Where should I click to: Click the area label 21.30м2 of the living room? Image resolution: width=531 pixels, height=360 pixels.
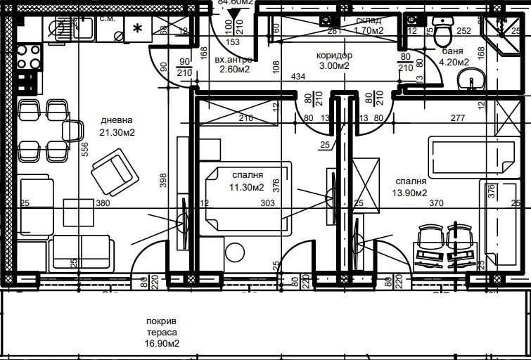(117, 132)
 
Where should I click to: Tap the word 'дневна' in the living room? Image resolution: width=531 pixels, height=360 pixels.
(117, 120)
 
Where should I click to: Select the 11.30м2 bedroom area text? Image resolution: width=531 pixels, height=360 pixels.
(248, 187)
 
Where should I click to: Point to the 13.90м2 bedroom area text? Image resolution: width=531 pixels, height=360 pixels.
(411, 192)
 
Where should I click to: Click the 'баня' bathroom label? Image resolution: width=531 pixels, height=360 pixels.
(452, 51)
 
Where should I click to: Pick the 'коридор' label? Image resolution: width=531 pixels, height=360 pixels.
(335, 55)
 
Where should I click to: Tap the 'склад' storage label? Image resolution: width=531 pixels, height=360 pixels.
(369, 20)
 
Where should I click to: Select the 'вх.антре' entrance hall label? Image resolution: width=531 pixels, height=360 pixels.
(233, 60)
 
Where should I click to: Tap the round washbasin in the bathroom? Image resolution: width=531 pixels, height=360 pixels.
(471, 82)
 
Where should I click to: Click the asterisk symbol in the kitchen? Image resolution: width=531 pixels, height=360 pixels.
(137, 29)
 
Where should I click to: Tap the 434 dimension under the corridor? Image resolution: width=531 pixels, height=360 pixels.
(298, 77)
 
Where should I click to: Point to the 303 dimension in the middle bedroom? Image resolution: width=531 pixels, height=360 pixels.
(267, 203)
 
